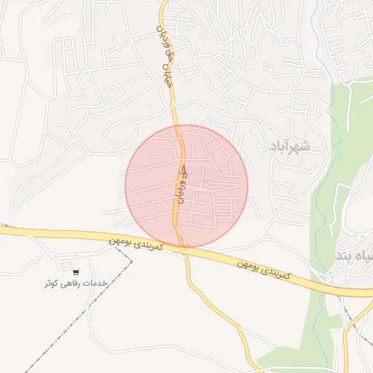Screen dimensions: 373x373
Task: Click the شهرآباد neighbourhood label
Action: (x=289, y=146)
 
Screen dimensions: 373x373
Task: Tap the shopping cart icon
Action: (x=76, y=272)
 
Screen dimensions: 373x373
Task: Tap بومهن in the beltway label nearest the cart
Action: (x=123, y=240)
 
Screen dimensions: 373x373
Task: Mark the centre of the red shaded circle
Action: (x=186, y=186)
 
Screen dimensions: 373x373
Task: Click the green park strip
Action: (x=342, y=146)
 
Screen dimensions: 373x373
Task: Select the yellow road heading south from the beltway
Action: (x=219, y=306)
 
